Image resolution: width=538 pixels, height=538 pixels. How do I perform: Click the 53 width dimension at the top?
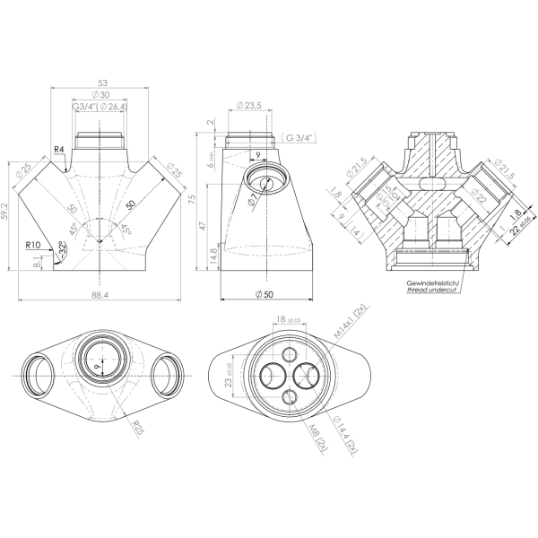click(99, 82)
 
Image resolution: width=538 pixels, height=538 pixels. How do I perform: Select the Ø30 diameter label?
click(99, 95)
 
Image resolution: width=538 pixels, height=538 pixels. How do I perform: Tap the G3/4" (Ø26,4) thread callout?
click(100, 108)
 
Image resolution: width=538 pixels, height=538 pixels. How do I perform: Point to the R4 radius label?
click(58, 149)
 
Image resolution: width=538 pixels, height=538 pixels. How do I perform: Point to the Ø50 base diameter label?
click(265, 295)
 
